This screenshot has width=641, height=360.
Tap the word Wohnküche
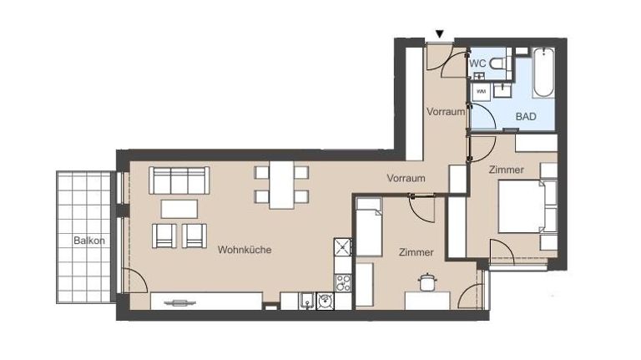tap(245, 250)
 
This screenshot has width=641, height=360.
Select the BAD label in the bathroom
tap(526, 117)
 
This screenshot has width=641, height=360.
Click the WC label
tap(477, 63)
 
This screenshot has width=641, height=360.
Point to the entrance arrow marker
tap(440, 34)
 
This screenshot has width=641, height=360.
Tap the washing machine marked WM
tap(481, 91)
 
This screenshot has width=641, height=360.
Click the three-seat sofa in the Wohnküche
tap(179, 180)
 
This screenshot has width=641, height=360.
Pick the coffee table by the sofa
tap(179, 208)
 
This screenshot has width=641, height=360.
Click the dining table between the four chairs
tap(280, 185)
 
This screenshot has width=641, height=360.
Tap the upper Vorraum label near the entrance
tap(445, 111)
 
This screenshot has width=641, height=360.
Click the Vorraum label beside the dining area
tap(406, 178)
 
